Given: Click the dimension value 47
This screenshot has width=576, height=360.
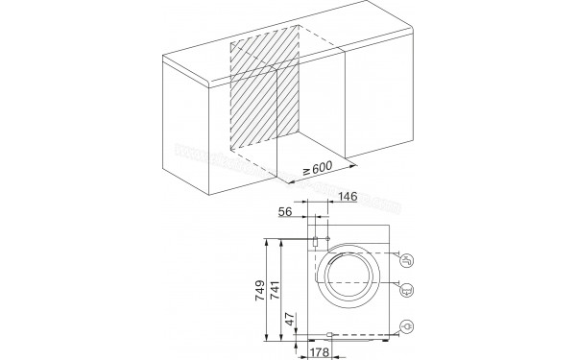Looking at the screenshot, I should point(292,321).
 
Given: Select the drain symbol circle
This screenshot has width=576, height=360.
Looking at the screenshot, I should point(407,286).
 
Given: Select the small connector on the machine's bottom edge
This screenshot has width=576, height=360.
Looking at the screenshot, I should point(329,335).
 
